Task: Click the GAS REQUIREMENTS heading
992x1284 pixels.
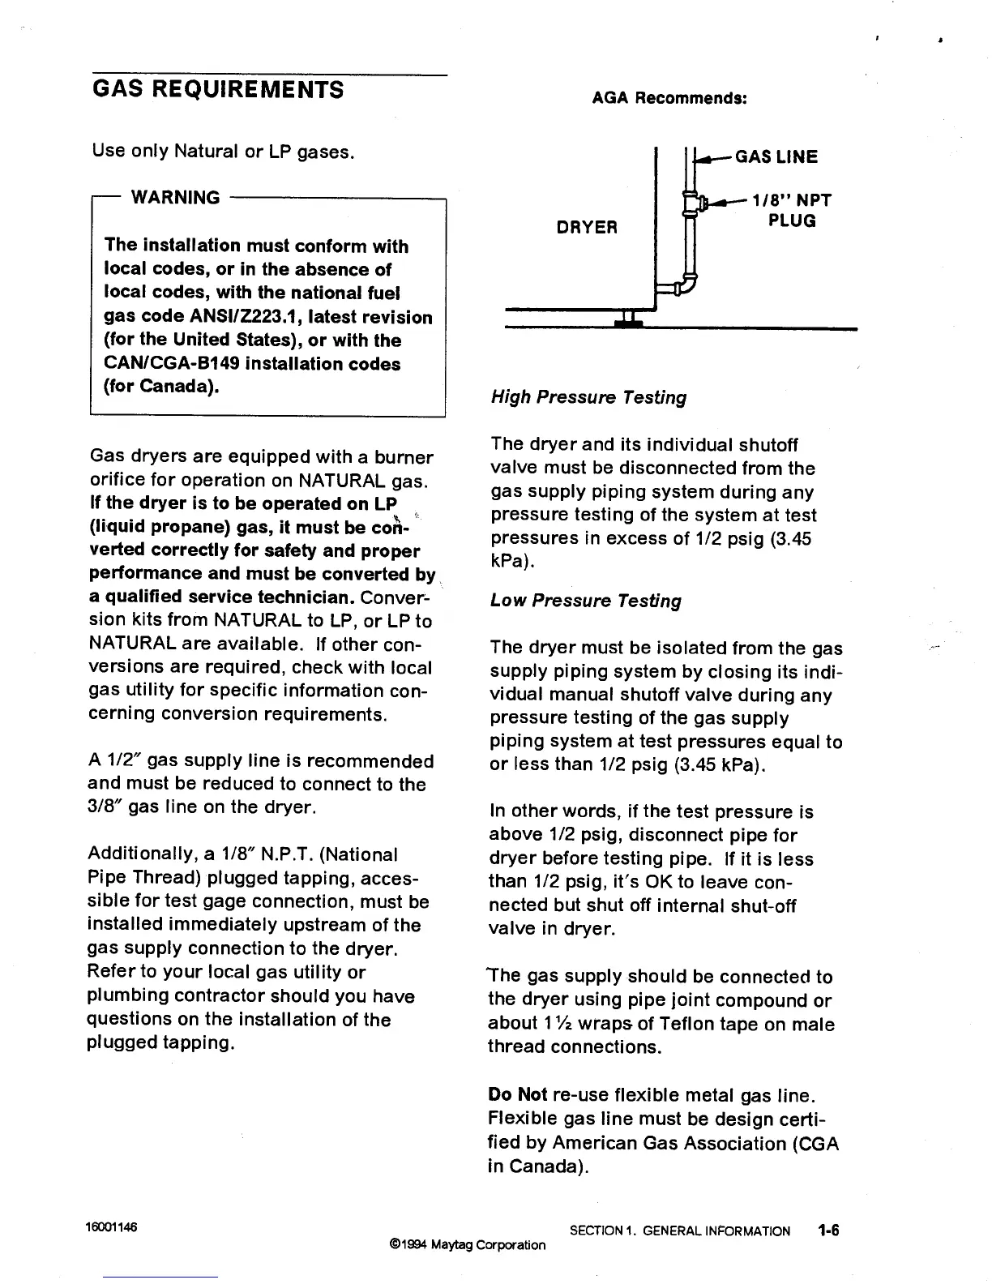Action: [218, 88]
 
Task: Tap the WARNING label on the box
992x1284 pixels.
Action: [175, 198]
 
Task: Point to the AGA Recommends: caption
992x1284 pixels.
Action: [669, 98]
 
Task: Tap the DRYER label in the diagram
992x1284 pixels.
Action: [587, 228]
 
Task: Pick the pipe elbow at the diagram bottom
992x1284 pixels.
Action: [687, 285]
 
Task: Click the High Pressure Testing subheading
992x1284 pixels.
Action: [588, 397]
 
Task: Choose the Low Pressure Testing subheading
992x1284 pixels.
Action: [585, 601]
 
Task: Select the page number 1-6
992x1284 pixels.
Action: [828, 1230]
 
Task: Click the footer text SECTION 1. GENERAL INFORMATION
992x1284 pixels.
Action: [679, 1231]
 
